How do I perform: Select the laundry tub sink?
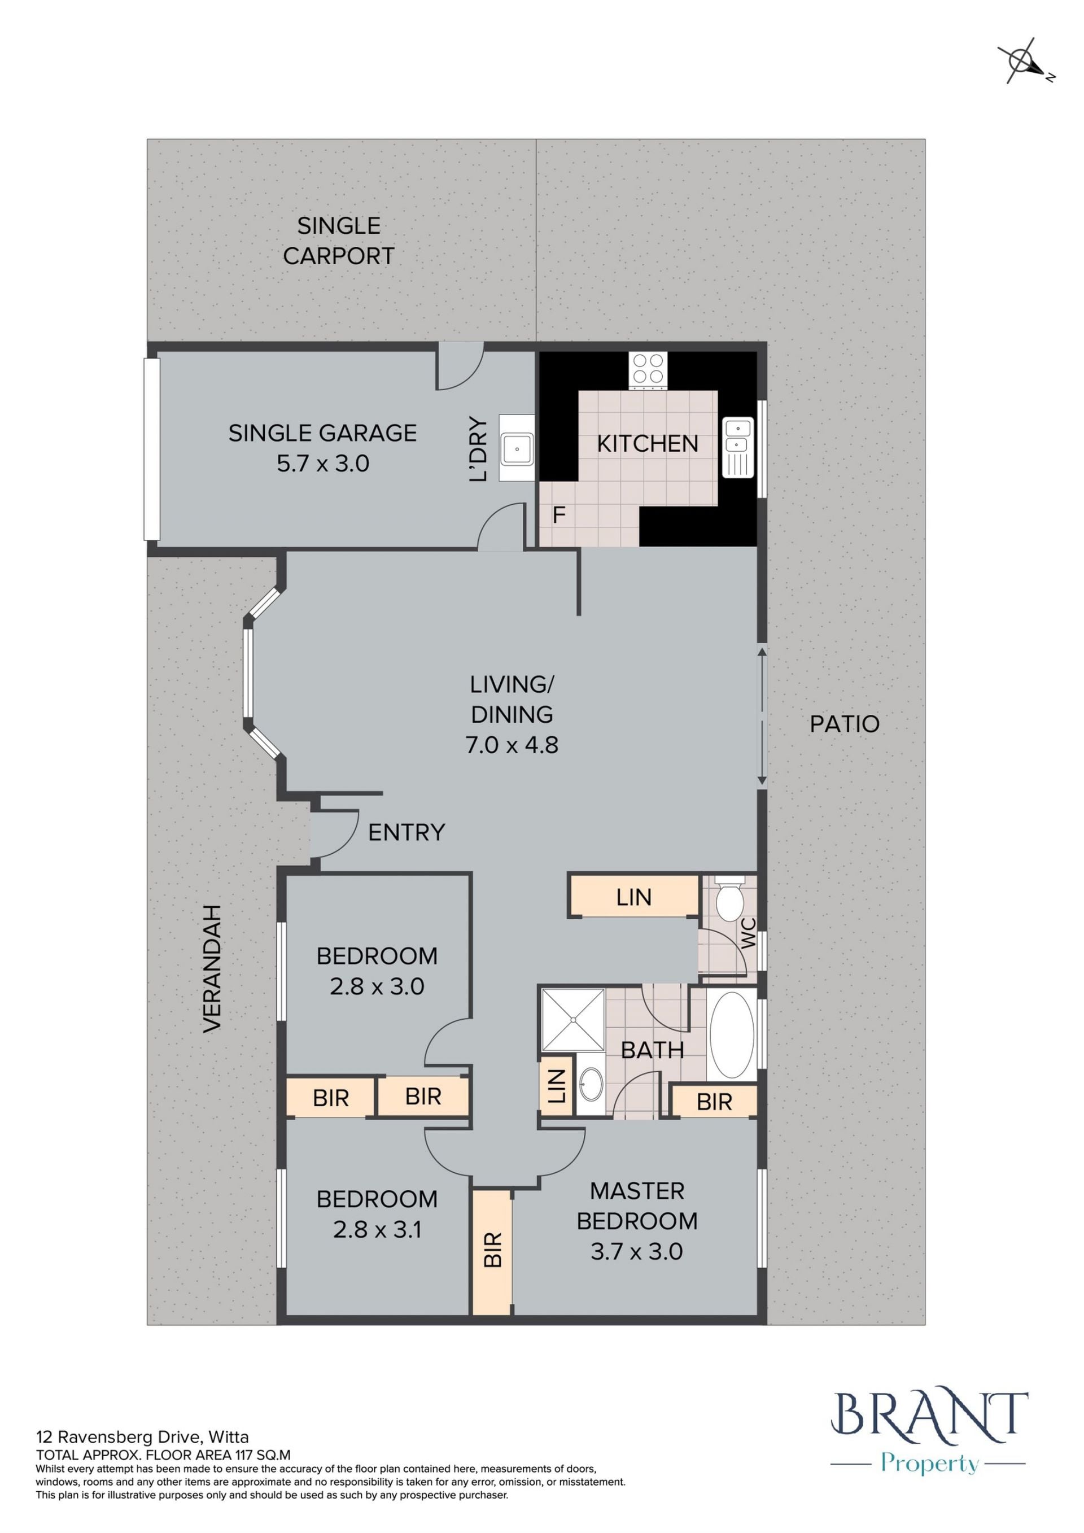tap(517, 449)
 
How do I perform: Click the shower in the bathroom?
tap(572, 1020)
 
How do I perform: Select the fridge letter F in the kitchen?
tap(560, 515)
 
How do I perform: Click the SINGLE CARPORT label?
tap(338, 241)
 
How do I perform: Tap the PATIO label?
tap(845, 724)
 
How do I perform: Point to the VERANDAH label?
tap(212, 969)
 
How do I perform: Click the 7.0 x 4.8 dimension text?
tap(512, 744)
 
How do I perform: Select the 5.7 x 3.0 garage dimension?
tap(323, 464)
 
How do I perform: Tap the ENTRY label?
tap(406, 832)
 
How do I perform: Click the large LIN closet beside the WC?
tap(633, 897)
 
